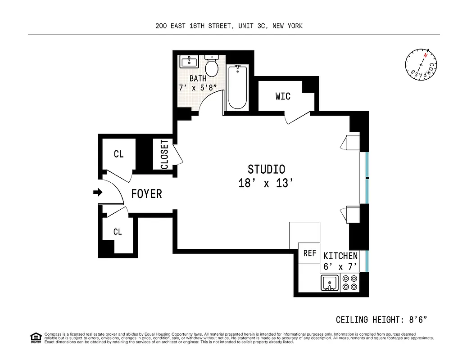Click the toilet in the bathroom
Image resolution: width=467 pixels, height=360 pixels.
pos(211,67)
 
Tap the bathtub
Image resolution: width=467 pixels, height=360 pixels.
pos(237,87)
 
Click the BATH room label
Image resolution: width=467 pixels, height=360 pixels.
pos(198,79)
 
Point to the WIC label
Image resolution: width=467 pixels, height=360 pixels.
pos(283,96)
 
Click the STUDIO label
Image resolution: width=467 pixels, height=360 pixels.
pos(266,170)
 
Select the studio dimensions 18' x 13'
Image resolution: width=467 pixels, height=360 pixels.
pos(266,184)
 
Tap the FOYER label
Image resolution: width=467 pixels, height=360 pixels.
pos(146,194)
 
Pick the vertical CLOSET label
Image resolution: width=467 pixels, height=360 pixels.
pos(164,154)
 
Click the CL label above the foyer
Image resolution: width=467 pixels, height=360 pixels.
pos(118,154)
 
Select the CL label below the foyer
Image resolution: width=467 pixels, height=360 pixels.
pos(118,232)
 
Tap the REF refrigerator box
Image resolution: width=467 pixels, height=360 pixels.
pos(309,253)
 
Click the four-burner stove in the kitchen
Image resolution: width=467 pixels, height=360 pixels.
pos(349,283)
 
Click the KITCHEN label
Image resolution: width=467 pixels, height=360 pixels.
pos(340,256)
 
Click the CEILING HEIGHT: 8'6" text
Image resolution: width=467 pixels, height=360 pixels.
pos(381,320)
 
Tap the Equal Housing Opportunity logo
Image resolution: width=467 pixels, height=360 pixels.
pos(35,337)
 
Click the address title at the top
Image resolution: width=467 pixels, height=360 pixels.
pos(229,26)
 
